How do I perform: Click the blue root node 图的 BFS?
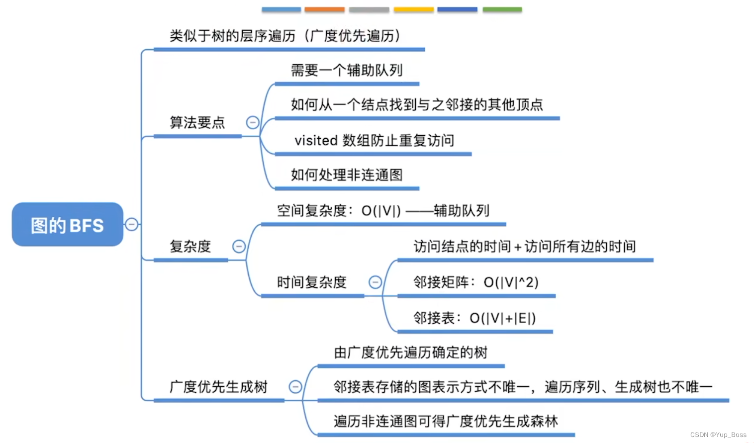pyautogui.click(x=68, y=225)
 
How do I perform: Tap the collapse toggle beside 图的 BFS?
pyautogui.click(x=131, y=224)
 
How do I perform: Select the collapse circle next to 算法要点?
pyautogui.click(x=253, y=122)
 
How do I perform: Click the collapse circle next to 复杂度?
pyautogui.click(x=239, y=246)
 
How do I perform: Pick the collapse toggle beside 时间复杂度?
pyautogui.click(x=375, y=282)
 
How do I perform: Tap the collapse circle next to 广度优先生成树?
pyautogui.click(x=295, y=386)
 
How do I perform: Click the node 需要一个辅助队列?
pyautogui.click(x=347, y=71)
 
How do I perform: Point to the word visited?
pyautogui.click(x=316, y=141)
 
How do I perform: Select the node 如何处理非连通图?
pyautogui.click(x=347, y=175)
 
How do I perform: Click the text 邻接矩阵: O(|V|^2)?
pyautogui.click(x=475, y=282)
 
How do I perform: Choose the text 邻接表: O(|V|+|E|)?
pyautogui.click(x=474, y=318)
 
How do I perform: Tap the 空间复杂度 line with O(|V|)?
pyautogui.click(x=383, y=211)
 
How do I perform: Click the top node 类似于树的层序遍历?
pyautogui.click(x=284, y=36)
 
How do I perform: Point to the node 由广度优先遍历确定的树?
pyautogui.click(x=410, y=353)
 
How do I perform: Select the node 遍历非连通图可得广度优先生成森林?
pyautogui.click(x=446, y=421)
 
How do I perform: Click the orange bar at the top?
pyautogui.click(x=324, y=9)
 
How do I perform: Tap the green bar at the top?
pyautogui.click(x=502, y=9)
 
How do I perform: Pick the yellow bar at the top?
pyautogui.click(x=413, y=9)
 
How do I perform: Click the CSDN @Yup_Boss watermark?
pyautogui.click(x=718, y=435)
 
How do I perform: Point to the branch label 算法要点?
pyautogui.click(x=197, y=122)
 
